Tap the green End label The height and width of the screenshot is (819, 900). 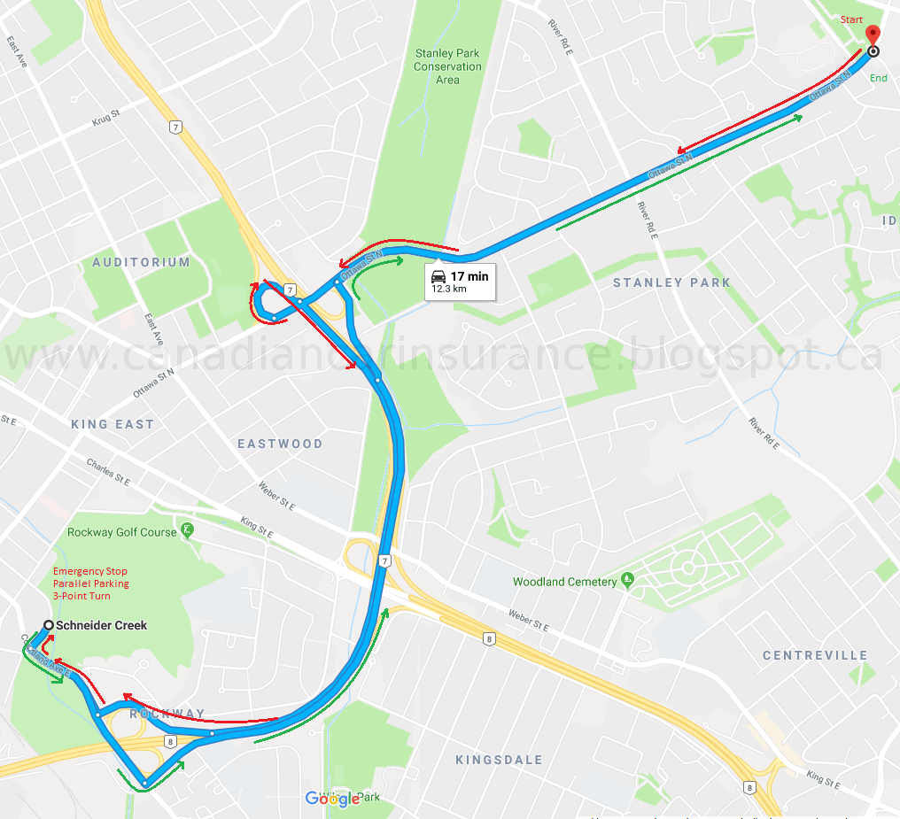pyautogui.click(x=878, y=78)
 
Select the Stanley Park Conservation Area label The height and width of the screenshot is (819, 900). pyautogui.click(x=447, y=66)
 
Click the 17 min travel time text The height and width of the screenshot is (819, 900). pyautogui.click(x=469, y=276)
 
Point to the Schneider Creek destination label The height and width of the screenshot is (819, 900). pyautogui.click(x=101, y=625)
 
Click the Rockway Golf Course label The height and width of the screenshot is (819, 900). pyautogui.click(x=122, y=532)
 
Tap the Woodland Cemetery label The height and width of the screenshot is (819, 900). pyautogui.click(x=564, y=582)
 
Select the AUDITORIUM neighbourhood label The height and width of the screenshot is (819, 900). pyautogui.click(x=141, y=262)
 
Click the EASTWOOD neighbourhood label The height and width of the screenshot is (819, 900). pyautogui.click(x=280, y=444)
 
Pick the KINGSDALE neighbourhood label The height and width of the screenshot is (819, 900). pyautogui.click(x=499, y=760)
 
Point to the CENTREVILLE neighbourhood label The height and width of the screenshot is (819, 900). pyautogui.click(x=815, y=655)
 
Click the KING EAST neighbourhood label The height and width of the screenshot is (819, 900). pyautogui.click(x=112, y=424)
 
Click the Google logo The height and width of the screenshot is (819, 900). pyautogui.click(x=332, y=799)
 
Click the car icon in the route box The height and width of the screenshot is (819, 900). pyautogui.click(x=438, y=276)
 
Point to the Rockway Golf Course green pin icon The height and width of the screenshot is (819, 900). pyautogui.click(x=187, y=531)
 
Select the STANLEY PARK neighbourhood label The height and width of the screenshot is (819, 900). pyautogui.click(x=671, y=282)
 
